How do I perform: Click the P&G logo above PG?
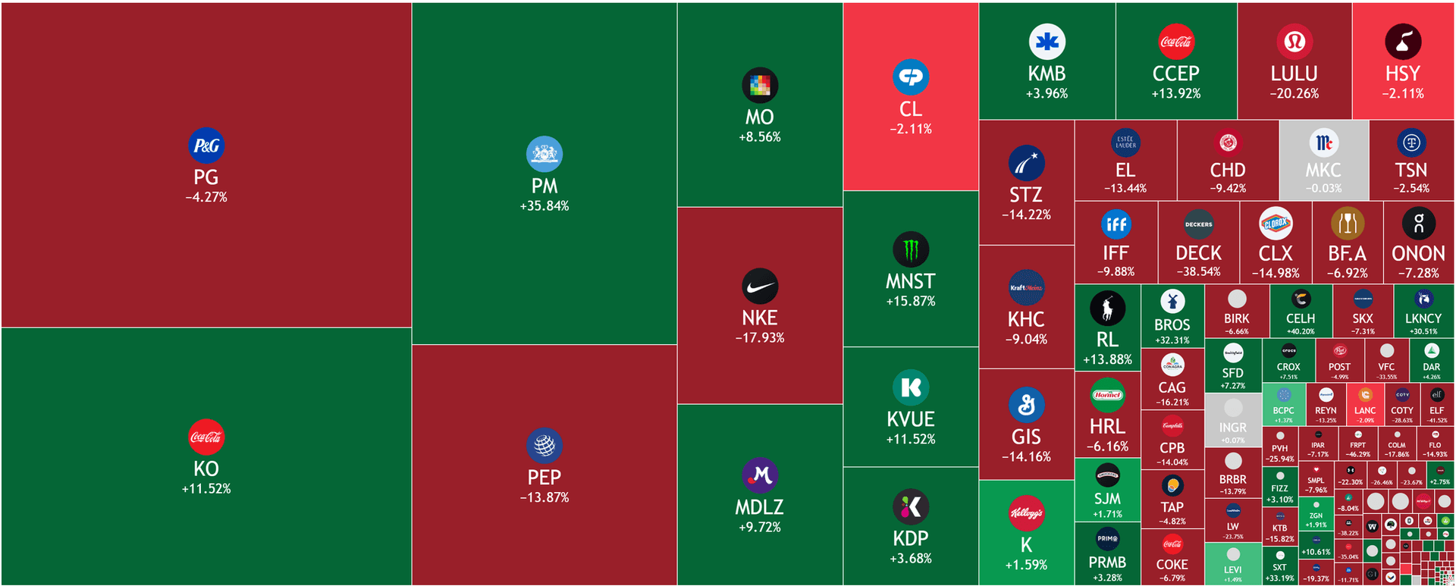[206, 146]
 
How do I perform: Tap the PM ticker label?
[544, 186]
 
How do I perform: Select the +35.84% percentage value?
[544, 206]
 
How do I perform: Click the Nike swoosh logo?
[760, 287]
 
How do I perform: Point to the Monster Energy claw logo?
[911, 249]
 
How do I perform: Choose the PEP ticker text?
[544, 478]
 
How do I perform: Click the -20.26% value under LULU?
[1294, 94]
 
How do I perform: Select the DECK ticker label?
[1198, 253]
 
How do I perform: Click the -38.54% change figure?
[1198, 272]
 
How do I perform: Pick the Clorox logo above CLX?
[1276, 224]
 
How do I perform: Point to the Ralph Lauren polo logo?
[1107, 309]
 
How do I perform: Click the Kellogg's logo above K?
[1026, 513]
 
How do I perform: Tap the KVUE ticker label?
[911, 419]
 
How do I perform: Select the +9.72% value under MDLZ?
[760, 528]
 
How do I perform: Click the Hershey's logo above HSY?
[1403, 42]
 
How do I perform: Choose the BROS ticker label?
[1172, 325]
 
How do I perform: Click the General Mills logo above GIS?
[1026, 405]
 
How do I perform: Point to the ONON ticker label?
[1418, 253]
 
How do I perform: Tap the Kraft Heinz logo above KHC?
[1026, 287]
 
